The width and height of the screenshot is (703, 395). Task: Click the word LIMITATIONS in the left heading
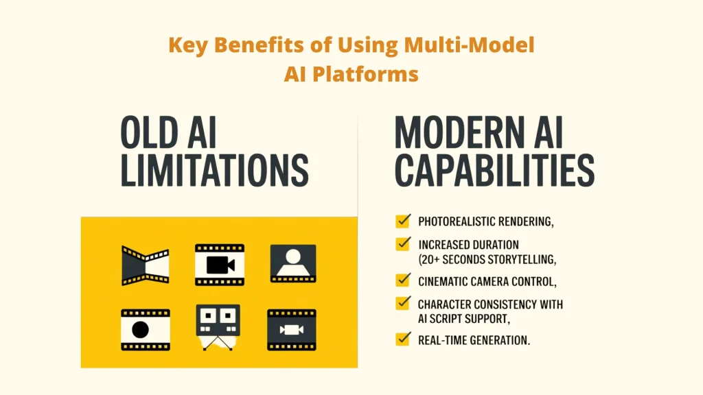pos(214,171)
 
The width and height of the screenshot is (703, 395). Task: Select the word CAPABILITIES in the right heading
pos(494,171)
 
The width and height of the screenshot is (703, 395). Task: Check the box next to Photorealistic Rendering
pos(403,222)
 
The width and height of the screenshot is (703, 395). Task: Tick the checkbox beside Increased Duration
pos(403,244)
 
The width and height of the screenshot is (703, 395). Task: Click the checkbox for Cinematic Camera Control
pos(403,280)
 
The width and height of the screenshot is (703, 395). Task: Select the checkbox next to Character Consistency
pos(403,303)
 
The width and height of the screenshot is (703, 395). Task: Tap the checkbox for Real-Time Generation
pos(403,339)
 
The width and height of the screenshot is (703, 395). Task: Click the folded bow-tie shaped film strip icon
pos(145,265)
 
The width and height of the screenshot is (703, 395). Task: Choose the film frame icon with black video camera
pos(220,265)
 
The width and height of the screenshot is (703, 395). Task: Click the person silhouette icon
pos(293,263)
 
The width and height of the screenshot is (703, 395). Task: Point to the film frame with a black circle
pos(145,329)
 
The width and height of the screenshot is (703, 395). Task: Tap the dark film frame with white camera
pos(291,329)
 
